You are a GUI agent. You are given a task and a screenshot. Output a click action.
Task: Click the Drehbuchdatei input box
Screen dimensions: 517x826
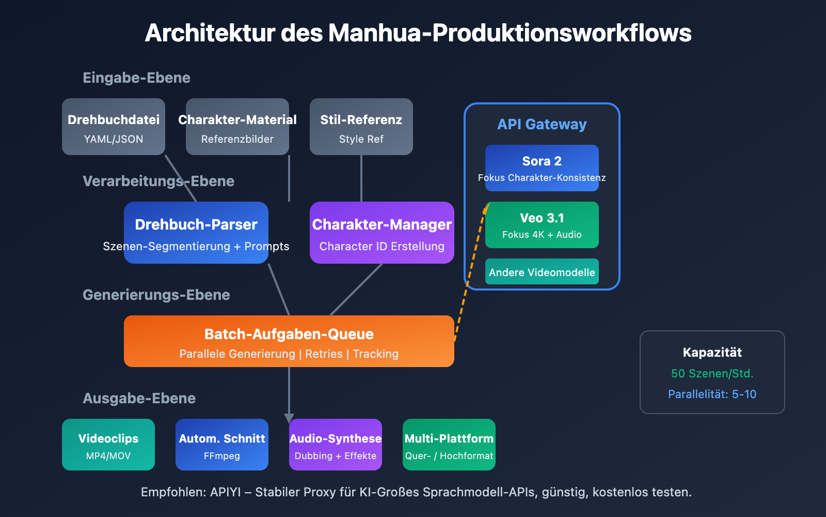[114, 127]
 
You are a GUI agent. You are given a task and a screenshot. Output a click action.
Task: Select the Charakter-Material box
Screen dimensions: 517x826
[237, 127]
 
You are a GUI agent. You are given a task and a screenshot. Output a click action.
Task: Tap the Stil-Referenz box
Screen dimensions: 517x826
[361, 127]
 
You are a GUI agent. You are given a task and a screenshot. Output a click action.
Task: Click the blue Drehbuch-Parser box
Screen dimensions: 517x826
[196, 233]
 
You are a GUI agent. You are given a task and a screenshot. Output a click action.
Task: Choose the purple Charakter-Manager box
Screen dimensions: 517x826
[382, 233]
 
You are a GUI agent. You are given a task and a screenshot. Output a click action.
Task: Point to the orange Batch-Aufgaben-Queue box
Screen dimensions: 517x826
[289, 341]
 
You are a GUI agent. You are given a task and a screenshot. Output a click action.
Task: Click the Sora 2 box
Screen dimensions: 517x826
[542, 168]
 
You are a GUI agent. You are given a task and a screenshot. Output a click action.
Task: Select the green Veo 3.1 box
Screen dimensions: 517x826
[542, 225]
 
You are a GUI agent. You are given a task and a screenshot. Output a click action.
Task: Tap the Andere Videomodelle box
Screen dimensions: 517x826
[542, 272]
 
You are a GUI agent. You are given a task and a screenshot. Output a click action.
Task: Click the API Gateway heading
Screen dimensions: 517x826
[542, 125]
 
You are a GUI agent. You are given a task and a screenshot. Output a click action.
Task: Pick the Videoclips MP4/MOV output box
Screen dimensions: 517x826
[108, 445]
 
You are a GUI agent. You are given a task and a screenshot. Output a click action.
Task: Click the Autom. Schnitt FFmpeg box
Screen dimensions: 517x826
[222, 445]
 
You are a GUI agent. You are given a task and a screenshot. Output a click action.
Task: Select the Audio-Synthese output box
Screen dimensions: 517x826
[336, 445]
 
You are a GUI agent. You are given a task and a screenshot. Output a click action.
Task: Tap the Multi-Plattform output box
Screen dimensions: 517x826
[449, 445]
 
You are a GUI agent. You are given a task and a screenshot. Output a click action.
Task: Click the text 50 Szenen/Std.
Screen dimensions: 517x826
[712, 373]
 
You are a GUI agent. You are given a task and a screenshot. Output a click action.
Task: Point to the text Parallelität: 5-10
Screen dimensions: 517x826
[712, 394]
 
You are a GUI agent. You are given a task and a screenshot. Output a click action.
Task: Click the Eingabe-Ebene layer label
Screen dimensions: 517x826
[137, 78]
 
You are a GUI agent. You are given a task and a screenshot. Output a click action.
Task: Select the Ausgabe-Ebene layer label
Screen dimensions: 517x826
[139, 399]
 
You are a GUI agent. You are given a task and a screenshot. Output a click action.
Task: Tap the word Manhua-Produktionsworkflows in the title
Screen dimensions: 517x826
[510, 33]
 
